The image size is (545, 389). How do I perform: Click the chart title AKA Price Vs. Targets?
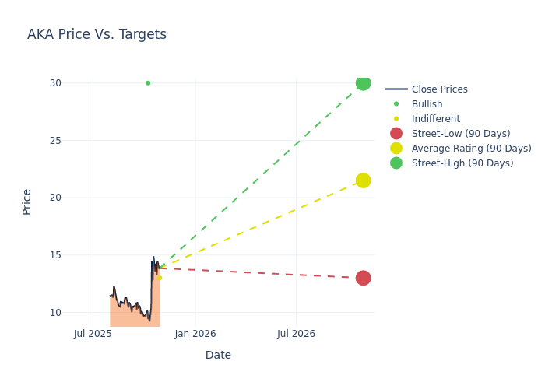click(x=97, y=34)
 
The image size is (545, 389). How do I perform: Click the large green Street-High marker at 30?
click(x=363, y=83)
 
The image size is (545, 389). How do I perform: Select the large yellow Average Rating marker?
click(x=363, y=180)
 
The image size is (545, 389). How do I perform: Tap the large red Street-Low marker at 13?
click(x=363, y=278)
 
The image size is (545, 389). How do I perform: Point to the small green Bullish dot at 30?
click(x=148, y=83)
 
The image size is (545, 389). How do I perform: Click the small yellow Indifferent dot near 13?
click(x=160, y=278)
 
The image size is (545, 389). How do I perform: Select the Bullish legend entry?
click(x=427, y=104)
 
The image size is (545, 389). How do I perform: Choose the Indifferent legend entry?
click(x=435, y=119)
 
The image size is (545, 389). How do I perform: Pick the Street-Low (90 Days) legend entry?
click(x=461, y=134)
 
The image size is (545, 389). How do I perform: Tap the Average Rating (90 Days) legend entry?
click(x=471, y=149)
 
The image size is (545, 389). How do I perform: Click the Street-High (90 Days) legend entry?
click(x=462, y=163)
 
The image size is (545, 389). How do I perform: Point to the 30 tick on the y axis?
click(x=55, y=83)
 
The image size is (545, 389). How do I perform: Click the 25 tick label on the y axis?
click(x=55, y=141)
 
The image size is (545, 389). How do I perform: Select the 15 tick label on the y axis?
click(x=55, y=255)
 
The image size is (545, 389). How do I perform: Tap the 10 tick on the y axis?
click(x=55, y=313)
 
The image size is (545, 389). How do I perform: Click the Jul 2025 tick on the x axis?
click(x=93, y=334)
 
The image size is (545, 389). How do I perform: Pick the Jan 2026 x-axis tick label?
click(x=195, y=334)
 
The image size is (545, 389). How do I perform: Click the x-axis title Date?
click(x=218, y=355)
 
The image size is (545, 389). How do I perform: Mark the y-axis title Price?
click(x=27, y=202)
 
